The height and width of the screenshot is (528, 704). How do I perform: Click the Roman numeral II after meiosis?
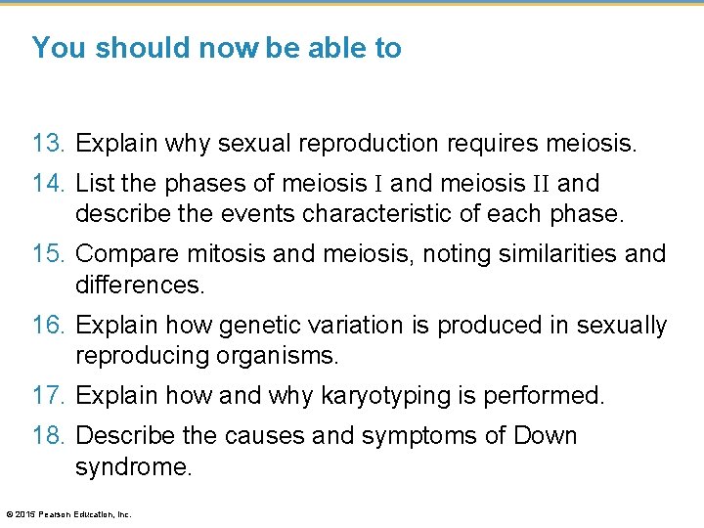tap(542, 183)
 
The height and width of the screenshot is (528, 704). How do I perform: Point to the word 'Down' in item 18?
tap(545, 435)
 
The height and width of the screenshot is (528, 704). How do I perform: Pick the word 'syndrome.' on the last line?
tap(134, 466)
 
